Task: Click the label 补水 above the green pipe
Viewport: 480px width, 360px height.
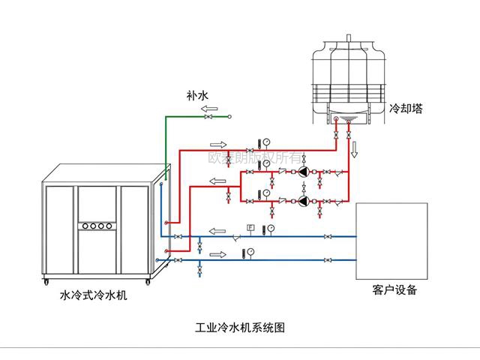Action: (196, 96)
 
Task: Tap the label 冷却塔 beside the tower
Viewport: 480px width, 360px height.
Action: (406, 108)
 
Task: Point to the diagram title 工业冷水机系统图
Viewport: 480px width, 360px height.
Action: (240, 328)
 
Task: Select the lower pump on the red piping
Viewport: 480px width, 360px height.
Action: (303, 200)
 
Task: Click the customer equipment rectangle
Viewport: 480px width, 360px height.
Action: (391, 240)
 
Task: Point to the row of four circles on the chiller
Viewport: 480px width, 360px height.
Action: (97, 225)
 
